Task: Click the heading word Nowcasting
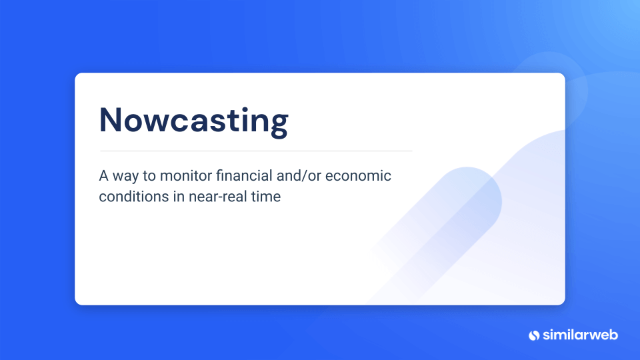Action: click(x=193, y=121)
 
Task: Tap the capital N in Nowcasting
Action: click(x=112, y=120)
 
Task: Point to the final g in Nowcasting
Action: click(x=279, y=124)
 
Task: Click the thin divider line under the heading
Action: click(x=256, y=151)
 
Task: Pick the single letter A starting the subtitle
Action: click(x=103, y=176)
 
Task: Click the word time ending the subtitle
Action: click(x=266, y=197)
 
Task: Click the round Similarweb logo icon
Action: click(x=533, y=335)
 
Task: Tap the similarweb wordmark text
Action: click(x=580, y=335)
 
